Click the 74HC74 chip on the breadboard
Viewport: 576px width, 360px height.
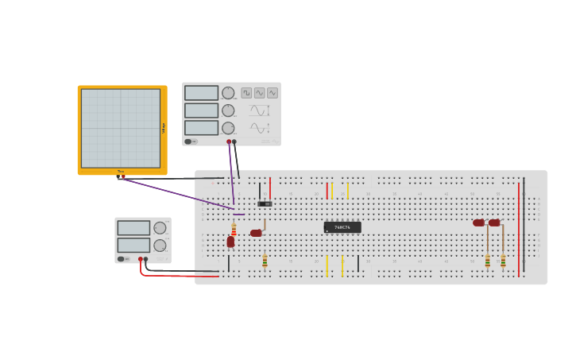[342, 227]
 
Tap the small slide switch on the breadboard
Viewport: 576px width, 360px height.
[265, 204]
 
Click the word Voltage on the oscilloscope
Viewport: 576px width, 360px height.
[164, 127]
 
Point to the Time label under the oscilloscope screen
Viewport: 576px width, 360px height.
[121, 171]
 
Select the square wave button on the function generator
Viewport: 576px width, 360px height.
[246, 93]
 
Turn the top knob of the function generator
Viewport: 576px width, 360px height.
[228, 93]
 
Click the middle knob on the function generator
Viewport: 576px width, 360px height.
[228, 110]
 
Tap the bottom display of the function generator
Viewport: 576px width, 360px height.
[201, 127]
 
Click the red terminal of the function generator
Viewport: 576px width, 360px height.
[229, 141]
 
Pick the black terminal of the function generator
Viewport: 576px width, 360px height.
[234, 141]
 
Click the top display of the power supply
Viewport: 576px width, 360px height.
[133, 228]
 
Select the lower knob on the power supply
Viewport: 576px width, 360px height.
[160, 246]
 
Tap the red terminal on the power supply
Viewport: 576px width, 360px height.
[141, 258]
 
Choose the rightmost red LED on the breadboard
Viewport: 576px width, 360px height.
[494, 223]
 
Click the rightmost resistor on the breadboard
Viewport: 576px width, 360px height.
[503, 260]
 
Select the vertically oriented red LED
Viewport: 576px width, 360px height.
[230, 242]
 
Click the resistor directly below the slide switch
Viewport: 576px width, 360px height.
[265, 261]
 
